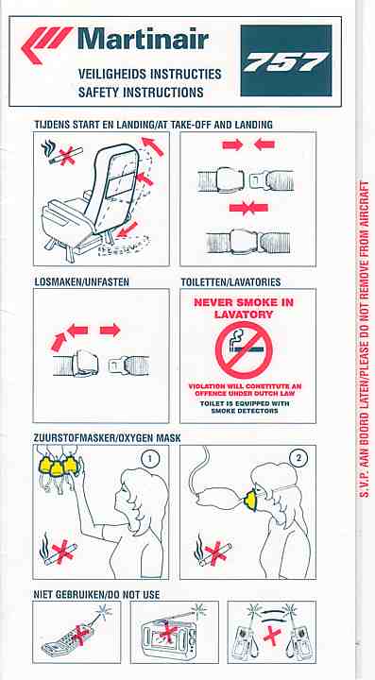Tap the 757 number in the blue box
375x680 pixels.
tap(286, 61)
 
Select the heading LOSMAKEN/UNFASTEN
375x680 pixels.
tap(81, 281)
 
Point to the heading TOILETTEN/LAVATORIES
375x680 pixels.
tap(230, 282)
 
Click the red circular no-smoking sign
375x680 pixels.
tap(244, 350)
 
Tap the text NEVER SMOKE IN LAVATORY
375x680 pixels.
tap(244, 308)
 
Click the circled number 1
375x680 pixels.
tap(150, 459)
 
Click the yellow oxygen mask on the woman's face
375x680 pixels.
tap(250, 499)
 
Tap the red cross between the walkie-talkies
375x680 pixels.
tap(272, 637)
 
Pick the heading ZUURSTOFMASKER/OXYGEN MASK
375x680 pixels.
tap(107, 438)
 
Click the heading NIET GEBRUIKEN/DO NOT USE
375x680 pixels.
tap(96, 594)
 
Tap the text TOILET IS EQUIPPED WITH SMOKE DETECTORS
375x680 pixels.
tap(245, 407)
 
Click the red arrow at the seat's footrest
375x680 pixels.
tap(128, 229)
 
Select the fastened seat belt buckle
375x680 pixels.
tap(247, 239)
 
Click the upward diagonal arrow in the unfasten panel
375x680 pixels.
tap(58, 341)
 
